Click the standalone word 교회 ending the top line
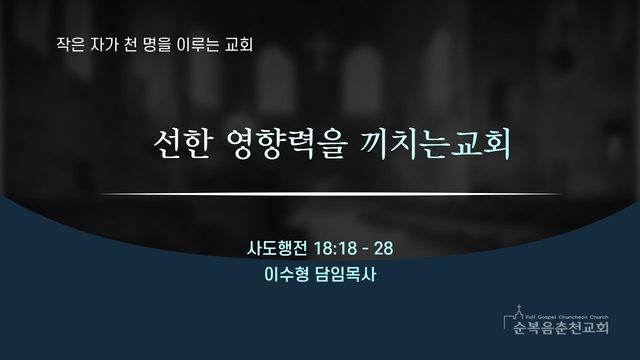click(x=239, y=45)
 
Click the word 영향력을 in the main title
click(x=287, y=144)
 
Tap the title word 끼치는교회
click(x=435, y=144)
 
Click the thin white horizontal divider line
click(x=332, y=194)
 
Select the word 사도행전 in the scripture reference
click(x=277, y=248)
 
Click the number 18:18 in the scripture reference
click(x=335, y=248)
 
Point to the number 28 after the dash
click(x=383, y=248)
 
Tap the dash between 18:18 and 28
click(x=365, y=249)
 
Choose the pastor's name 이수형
click(x=287, y=274)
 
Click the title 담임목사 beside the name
click(x=346, y=274)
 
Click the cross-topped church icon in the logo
click(x=519, y=313)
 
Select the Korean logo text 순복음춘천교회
click(x=561, y=327)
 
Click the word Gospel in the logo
click(x=546, y=317)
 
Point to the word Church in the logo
click(x=599, y=317)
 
